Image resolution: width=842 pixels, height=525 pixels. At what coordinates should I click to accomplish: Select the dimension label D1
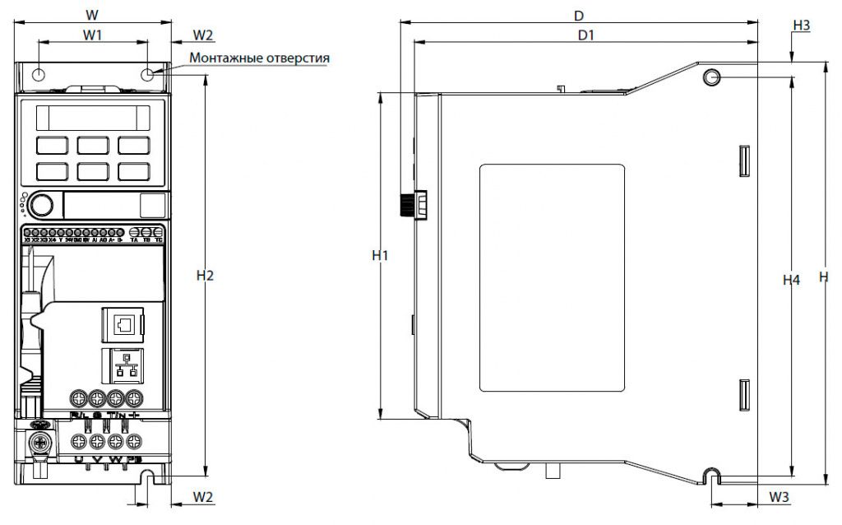click(x=585, y=35)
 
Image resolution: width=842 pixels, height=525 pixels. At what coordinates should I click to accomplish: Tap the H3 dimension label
click(x=801, y=26)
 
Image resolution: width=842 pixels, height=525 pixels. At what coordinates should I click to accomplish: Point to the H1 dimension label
click(x=379, y=255)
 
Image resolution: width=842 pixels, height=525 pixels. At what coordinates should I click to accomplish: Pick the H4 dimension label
click(x=790, y=281)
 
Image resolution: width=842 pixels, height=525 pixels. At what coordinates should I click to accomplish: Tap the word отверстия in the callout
click(x=300, y=58)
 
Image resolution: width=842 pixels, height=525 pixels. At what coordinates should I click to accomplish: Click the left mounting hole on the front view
click(x=39, y=76)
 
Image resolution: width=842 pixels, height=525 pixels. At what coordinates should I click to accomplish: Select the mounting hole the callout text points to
click(x=148, y=76)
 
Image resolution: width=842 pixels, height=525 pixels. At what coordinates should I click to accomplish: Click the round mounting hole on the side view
click(x=711, y=77)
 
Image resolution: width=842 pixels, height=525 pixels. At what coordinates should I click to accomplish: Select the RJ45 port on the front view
click(x=122, y=324)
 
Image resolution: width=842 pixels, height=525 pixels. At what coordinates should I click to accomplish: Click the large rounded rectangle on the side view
click(x=552, y=277)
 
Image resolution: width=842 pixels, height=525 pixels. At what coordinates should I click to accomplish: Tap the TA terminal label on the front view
click(x=133, y=240)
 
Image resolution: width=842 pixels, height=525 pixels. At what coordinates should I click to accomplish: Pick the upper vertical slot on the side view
click(x=743, y=161)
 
